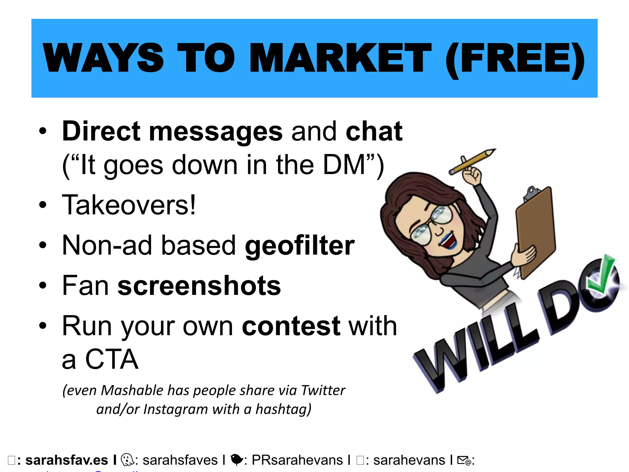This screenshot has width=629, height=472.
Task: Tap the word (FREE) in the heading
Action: (515, 59)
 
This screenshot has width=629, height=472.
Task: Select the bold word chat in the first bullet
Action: (374, 132)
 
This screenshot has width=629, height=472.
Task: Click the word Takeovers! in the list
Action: (129, 205)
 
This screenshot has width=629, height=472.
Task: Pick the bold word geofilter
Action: (300, 245)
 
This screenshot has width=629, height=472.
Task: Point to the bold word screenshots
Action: (199, 285)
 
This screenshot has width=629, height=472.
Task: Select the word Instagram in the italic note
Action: (175, 409)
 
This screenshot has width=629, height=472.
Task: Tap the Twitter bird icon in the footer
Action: (236, 460)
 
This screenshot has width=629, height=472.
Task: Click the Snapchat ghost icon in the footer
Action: (127, 460)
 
